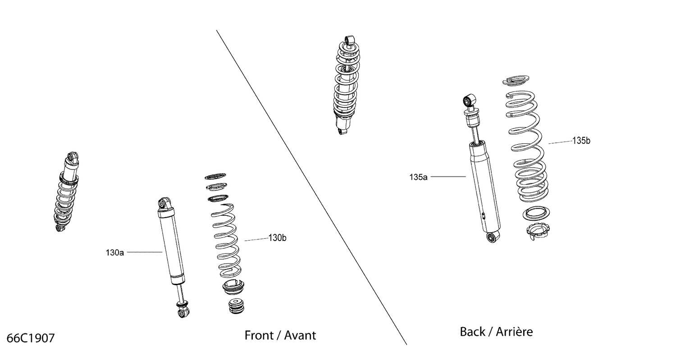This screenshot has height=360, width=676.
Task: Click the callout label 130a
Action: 115,253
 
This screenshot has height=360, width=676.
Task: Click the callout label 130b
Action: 277,238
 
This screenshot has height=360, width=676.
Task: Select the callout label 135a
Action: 418,177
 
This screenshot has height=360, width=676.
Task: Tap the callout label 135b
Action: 581,141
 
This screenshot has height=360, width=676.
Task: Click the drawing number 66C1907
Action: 31,338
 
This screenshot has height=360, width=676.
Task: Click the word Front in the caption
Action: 259,336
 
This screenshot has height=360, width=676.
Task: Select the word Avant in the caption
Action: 300,336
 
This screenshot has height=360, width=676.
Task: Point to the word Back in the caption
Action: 473,332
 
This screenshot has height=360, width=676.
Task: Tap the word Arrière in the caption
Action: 514,332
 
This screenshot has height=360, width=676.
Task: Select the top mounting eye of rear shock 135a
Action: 468,99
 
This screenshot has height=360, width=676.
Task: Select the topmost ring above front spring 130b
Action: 215,176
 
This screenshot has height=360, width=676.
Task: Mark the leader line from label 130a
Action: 144,252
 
